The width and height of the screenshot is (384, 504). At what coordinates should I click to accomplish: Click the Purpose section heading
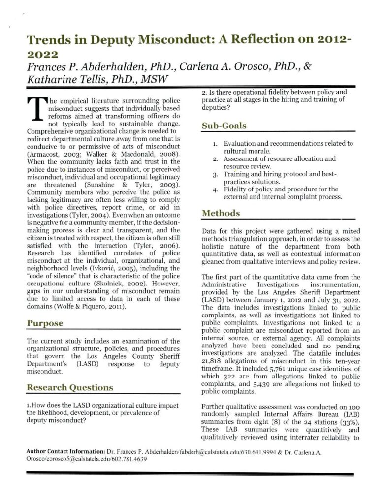(x=45, y=323)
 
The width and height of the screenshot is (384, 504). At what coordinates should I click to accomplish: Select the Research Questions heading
(x=69, y=387)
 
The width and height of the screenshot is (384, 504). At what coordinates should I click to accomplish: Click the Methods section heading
(x=221, y=213)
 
